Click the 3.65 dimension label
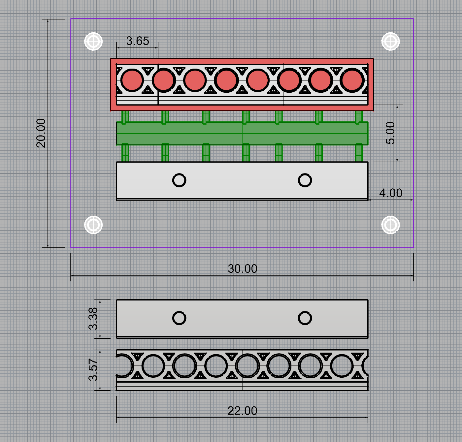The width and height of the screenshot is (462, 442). [x=138, y=41]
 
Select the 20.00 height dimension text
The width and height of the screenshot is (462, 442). [x=41, y=133]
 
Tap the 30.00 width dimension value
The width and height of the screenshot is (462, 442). [x=243, y=268]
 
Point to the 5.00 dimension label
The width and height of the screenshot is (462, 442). [x=390, y=133]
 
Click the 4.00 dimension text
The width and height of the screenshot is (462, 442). [x=390, y=193]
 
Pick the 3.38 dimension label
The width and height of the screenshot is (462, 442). [x=93, y=319]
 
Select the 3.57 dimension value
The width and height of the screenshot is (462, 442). [x=93, y=370]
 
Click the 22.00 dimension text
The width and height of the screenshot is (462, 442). [x=243, y=411]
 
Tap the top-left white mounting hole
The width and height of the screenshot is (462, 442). [x=93, y=42]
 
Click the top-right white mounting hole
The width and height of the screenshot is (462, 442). [x=390, y=42]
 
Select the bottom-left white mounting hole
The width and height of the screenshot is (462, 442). [x=93, y=225]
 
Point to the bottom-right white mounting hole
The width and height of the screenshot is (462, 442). [x=390, y=225]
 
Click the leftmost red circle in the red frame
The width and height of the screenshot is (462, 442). [x=132, y=80]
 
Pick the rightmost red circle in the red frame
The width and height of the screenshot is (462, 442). [x=352, y=80]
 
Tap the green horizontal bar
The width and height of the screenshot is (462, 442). [x=242, y=133]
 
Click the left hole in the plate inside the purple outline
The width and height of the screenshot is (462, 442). [x=179, y=180]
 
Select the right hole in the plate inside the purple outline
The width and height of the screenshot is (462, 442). [x=305, y=180]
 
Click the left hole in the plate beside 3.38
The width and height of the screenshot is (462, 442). [x=179, y=318]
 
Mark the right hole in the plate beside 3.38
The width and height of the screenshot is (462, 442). [x=305, y=318]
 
